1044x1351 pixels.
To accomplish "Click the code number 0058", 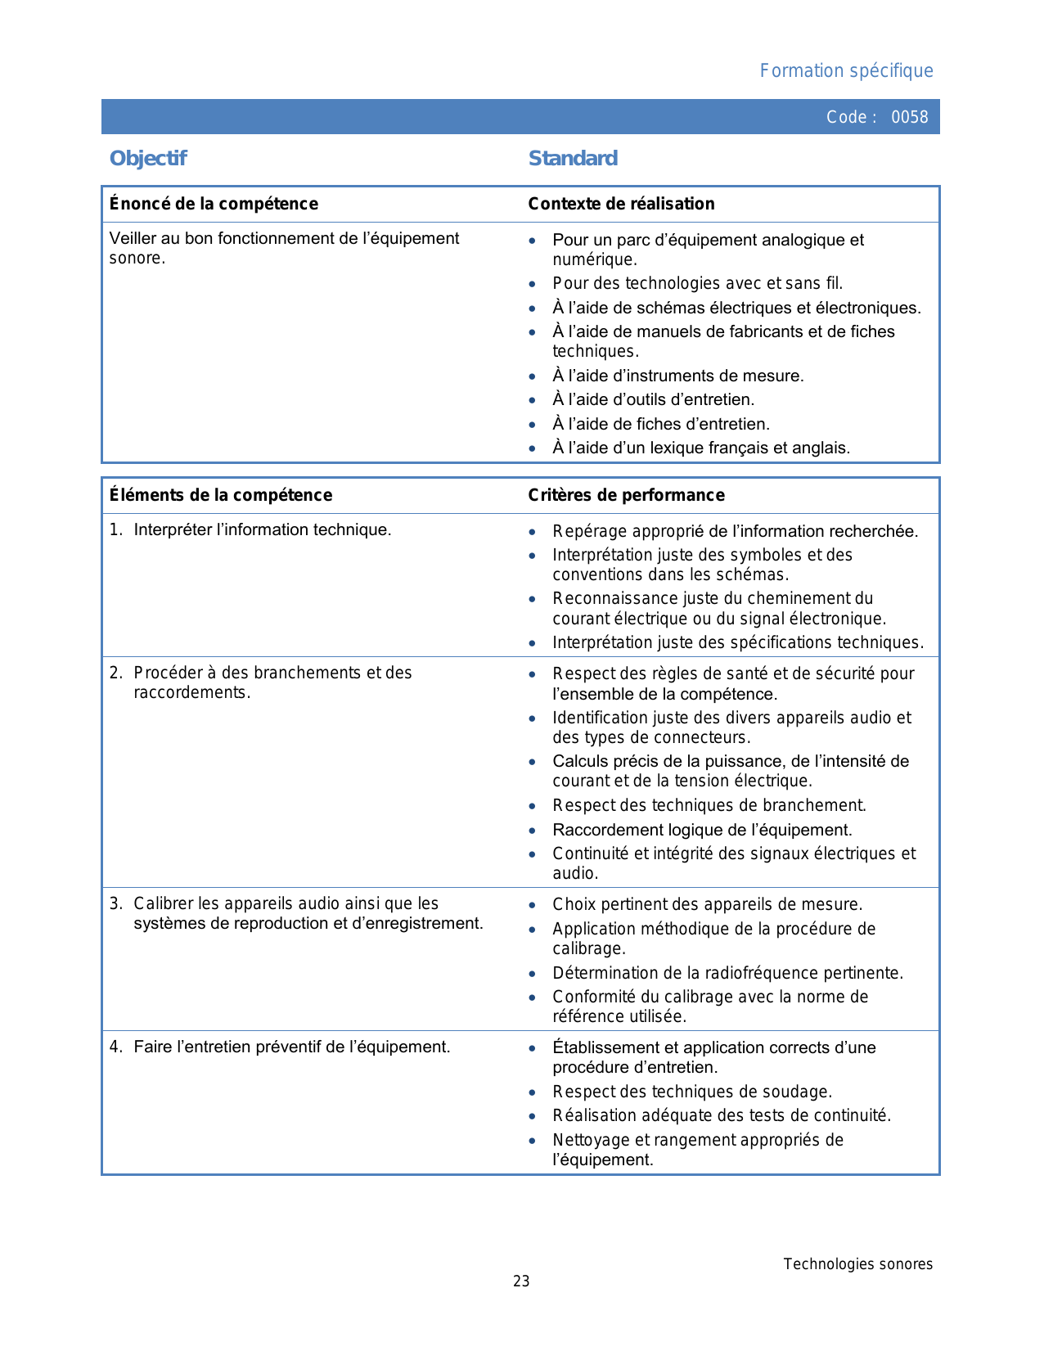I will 909,117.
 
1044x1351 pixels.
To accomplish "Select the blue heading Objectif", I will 148,158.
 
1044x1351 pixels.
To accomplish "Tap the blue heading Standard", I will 573,158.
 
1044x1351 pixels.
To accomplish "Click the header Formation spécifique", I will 846,70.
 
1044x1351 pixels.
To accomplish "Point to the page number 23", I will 521,1281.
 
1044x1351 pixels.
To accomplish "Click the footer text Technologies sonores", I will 857,1264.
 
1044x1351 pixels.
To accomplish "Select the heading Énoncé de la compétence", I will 214,204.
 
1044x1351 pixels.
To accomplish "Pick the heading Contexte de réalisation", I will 621,204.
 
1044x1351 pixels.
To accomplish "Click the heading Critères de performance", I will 626,495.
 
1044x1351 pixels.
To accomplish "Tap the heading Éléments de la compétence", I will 221,495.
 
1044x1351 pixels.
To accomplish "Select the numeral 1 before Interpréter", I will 115,530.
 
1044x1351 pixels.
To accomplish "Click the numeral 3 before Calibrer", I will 115,904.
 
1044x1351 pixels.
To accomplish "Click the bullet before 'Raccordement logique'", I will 533,831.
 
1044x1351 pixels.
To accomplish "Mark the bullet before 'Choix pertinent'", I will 533,905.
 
